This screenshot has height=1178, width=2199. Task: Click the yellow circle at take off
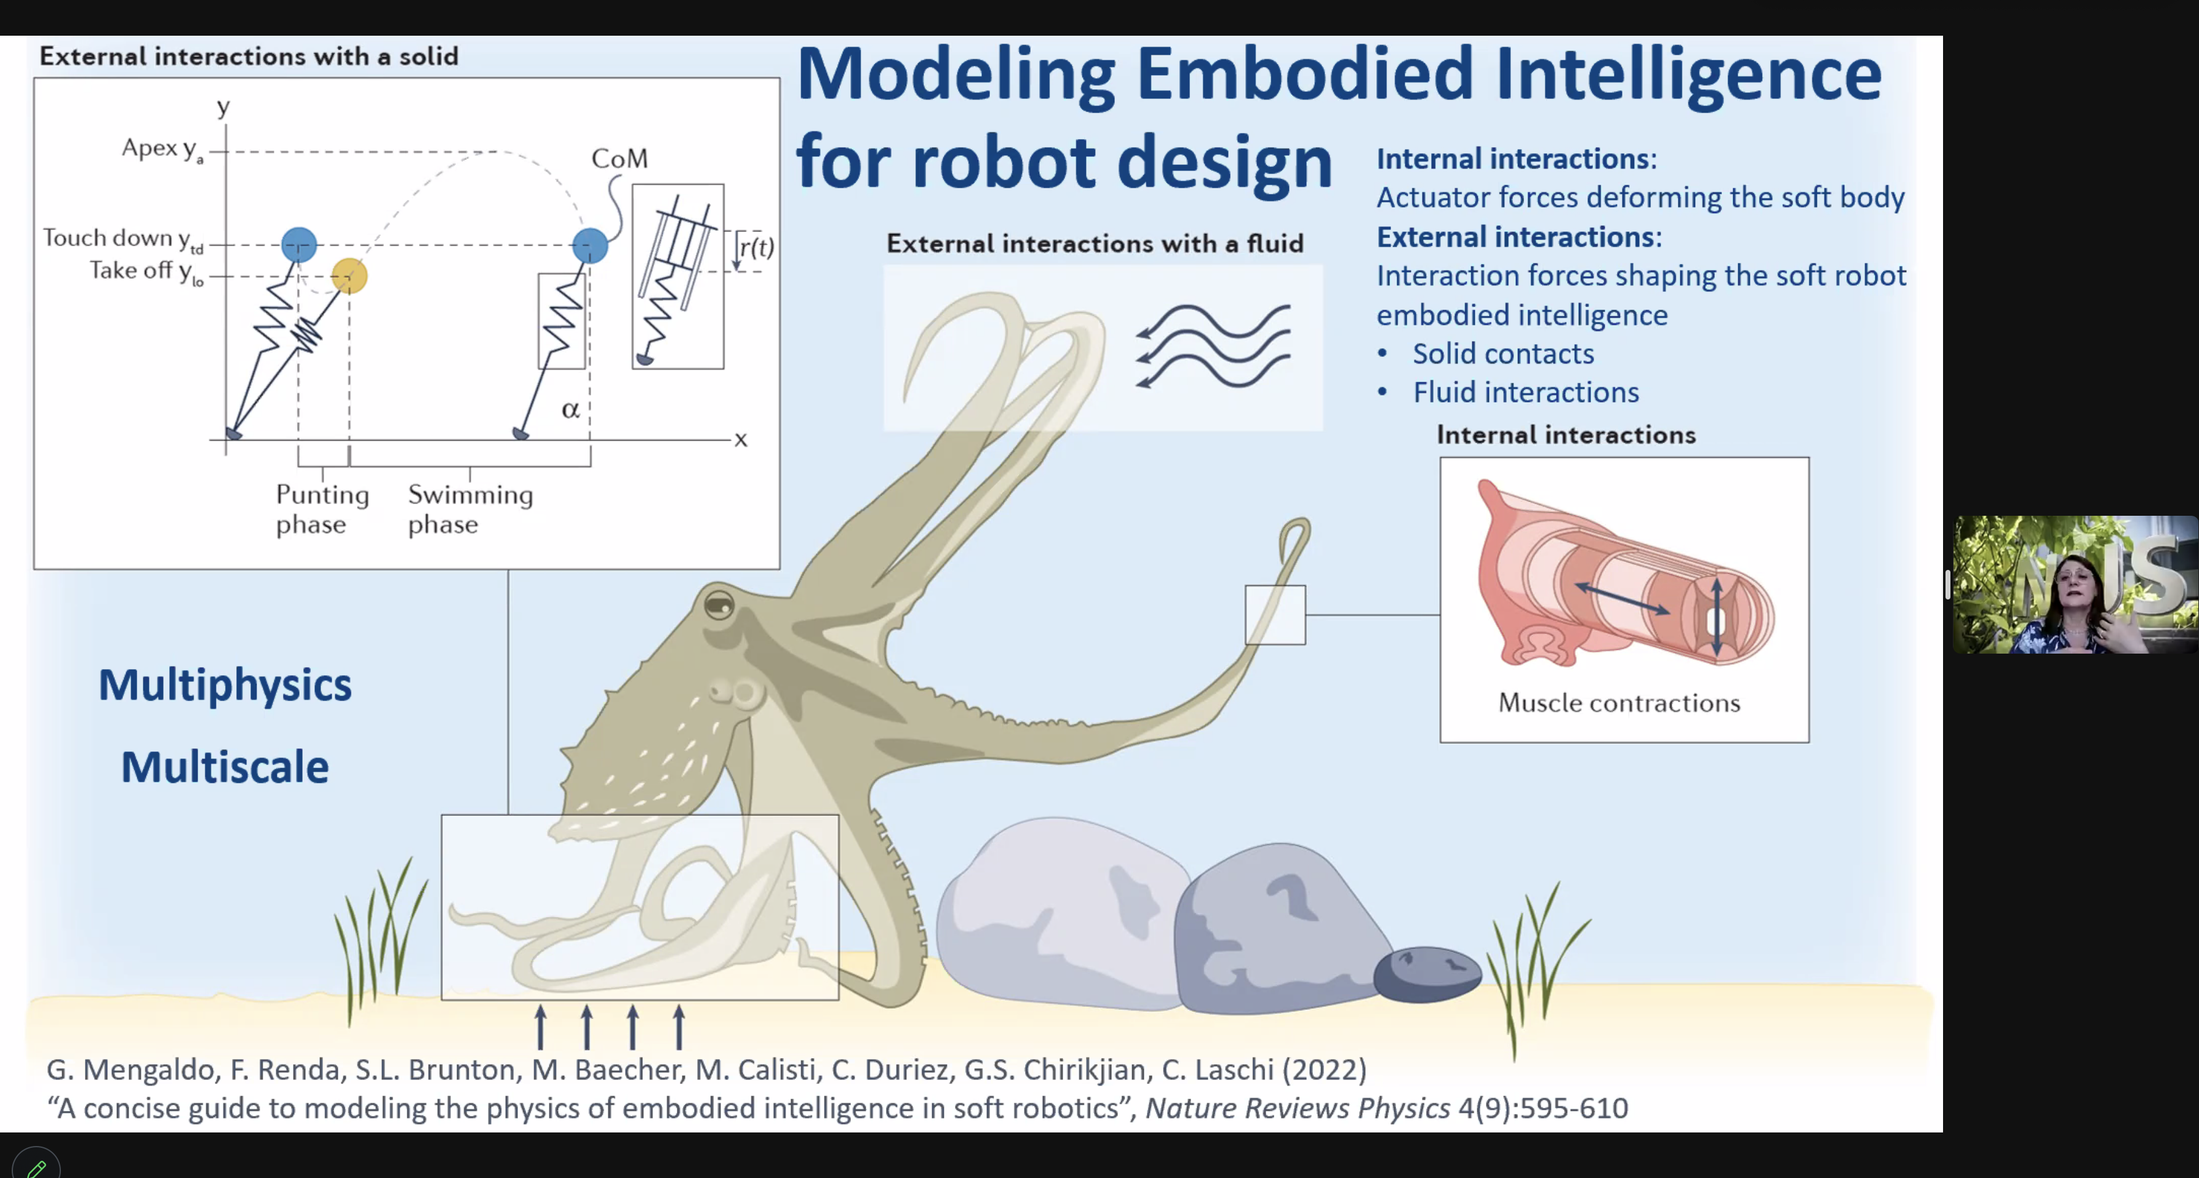click(x=349, y=276)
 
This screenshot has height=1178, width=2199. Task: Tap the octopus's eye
click(x=719, y=605)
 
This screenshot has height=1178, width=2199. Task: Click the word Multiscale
click(x=225, y=766)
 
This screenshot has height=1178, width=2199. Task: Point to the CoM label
click(x=620, y=158)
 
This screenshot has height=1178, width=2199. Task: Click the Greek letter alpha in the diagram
click(x=570, y=411)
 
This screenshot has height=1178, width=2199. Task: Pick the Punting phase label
click(x=322, y=509)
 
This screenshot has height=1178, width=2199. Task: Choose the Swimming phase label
click(x=470, y=509)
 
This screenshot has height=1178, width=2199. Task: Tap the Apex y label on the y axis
click(x=162, y=148)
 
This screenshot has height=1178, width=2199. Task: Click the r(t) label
click(x=756, y=247)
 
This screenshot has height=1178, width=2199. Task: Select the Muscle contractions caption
click(x=1619, y=702)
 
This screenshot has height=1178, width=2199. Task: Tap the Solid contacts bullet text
click(x=1503, y=353)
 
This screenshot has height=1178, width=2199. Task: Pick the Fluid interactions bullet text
click(x=1525, y=393)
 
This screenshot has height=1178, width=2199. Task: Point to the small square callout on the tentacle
click(x=1275, y=615)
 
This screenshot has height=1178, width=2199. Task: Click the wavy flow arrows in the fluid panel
click(x=1213, y=347)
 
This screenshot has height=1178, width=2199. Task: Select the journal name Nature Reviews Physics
click(x=1298, y=1108)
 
